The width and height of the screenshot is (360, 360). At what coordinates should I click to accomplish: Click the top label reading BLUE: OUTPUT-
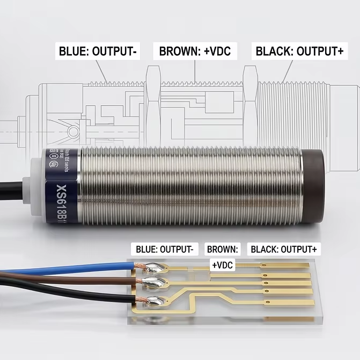(99, 52)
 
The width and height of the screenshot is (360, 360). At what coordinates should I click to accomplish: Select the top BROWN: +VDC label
(195, 52)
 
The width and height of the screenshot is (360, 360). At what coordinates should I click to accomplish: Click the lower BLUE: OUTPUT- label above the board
(164, 249)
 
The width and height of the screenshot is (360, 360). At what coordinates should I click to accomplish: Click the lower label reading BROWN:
(223, 249)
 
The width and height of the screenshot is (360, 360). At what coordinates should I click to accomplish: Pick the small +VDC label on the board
(223, 265)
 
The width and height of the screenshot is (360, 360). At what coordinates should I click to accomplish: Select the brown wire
(64, 278)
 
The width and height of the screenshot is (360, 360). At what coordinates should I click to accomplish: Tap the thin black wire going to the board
(64, 295)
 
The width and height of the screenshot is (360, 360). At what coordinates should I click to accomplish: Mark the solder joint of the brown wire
(150, 283)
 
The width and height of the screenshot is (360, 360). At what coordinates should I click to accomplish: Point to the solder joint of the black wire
(151, 302)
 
